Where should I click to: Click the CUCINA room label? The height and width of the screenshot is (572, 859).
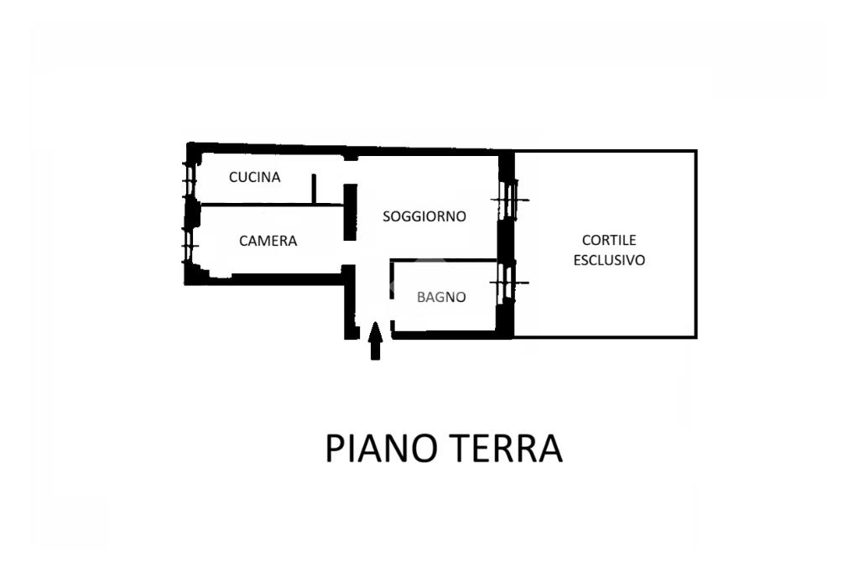pos(254,177)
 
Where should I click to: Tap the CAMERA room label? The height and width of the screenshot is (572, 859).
pos(268,241)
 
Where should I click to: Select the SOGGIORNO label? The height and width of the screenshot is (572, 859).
pos(424,216)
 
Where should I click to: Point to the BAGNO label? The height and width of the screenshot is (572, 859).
pos(441,297)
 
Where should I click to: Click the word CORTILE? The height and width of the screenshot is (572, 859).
pos(609,240)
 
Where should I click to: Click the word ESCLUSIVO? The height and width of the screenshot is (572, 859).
pos(609,260)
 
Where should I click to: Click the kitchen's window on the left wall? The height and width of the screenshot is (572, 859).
pos(190,179)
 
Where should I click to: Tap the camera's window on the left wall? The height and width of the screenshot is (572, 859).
pos(190,244)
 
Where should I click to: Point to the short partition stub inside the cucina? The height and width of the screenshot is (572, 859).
pos(313,189)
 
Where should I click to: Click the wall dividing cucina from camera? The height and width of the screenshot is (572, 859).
pos(268,204)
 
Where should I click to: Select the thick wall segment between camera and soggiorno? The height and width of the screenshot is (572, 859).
pos(351,211)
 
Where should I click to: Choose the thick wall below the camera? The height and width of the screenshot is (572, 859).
pos(268,278)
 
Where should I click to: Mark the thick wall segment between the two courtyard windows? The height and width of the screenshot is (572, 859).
pos(505,241)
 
